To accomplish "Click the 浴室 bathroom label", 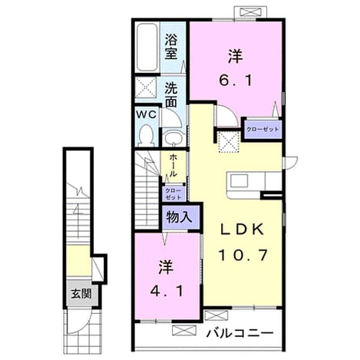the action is pos(171,47).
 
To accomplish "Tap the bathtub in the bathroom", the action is pos(147,48).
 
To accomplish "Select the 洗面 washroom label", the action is pos(171,95).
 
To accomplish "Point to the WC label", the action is pos(146,114).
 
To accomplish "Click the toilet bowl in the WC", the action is pos(147,134).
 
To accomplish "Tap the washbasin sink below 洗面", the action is pos(173,137).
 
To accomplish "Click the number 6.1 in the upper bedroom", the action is pos(236,81).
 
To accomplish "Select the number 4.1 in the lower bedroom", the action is pos(167,291).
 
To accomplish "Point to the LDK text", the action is pos(242,230).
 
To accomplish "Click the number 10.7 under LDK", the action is pos(243,255).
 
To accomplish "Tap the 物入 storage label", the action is pos(179,217).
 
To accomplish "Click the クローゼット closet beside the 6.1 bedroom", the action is pos(263,129).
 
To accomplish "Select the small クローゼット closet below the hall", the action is pos(173,194).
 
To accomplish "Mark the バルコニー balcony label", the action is pos(240,333).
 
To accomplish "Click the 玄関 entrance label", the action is pos(81,294).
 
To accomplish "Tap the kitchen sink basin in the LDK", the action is pos(239,181).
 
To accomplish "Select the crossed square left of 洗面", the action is pos(146,88).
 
